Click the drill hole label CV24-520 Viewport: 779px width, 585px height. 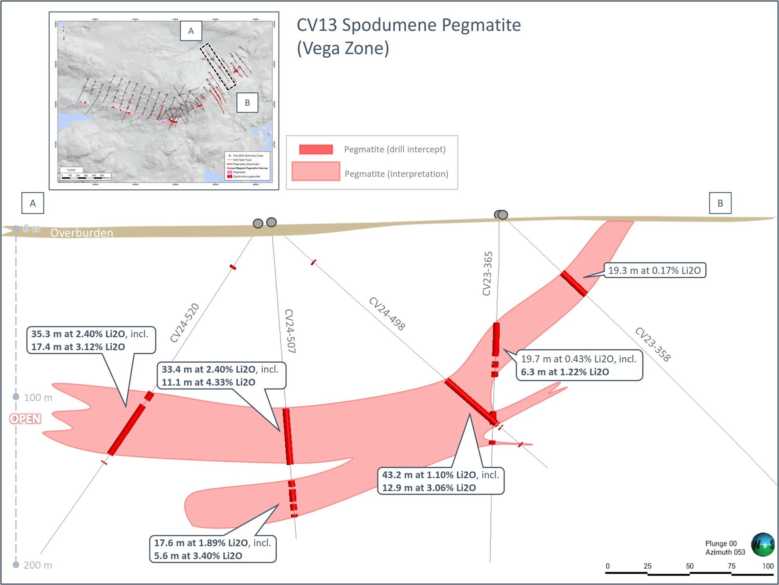click(185, 323)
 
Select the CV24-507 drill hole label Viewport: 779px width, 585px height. click(290, 331)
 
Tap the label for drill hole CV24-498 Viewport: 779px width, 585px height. click(387, 314)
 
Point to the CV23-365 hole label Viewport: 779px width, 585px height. click(488, 273)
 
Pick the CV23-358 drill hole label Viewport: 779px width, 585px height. click(653, 344)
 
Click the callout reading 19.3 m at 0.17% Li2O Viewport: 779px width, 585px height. click(654, 271)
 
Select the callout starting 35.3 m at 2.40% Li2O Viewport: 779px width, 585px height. click(91, 340)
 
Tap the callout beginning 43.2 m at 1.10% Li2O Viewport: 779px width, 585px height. click(440, 481)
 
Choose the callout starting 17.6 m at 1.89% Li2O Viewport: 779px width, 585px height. click(212, 549)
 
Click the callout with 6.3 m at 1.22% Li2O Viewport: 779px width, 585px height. click(579, 366)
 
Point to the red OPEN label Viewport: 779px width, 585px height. click(25, 419)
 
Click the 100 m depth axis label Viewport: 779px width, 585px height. click(38, 398)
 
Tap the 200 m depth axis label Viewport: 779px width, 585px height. click(38, 565)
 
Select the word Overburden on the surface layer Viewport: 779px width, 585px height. click(82, 233)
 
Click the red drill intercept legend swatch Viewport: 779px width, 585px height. click(316, 150)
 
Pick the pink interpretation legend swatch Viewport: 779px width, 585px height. click(316, 172)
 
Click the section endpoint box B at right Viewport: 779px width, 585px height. click(720, 203)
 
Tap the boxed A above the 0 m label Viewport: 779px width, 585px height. click(33, 203)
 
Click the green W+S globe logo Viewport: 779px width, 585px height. click(762, 544)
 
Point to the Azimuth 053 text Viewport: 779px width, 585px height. click(725, 552)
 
